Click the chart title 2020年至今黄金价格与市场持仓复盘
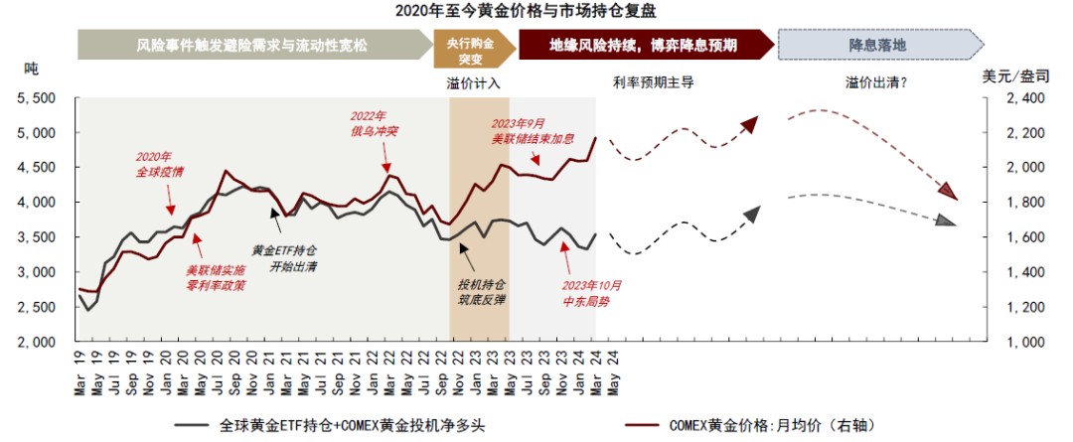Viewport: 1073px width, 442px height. (536, 11)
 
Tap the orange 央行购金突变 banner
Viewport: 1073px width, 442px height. (475, 46)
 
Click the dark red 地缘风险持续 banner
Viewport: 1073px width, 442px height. (645, 46)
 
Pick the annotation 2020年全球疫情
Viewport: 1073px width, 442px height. (159, 164)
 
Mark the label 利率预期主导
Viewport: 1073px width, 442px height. (646, 82)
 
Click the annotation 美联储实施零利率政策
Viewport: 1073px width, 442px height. (216, 277)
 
